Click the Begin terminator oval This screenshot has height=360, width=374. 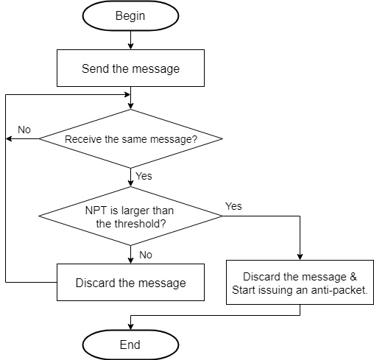[130, 15]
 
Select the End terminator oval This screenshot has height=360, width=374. [130, 344]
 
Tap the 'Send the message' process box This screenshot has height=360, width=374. [130, 69]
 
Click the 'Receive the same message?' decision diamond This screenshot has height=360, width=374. [130, 139]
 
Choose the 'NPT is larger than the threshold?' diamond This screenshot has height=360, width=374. [130, 216]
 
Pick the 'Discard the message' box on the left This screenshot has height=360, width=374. [130, 283]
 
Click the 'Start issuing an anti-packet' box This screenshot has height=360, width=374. [300, 283]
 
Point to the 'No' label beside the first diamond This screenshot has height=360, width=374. [24, 130]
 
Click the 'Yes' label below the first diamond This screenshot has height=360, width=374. [144, 177]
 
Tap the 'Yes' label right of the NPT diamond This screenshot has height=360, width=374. [233, 206]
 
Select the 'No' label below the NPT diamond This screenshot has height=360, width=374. [145, 255]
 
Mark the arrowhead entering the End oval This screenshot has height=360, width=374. [130, 326]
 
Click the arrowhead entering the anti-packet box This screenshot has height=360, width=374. [300, 257]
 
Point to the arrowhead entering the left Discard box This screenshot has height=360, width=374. [130, 260]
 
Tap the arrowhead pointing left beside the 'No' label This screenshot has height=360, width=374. [9, 139]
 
